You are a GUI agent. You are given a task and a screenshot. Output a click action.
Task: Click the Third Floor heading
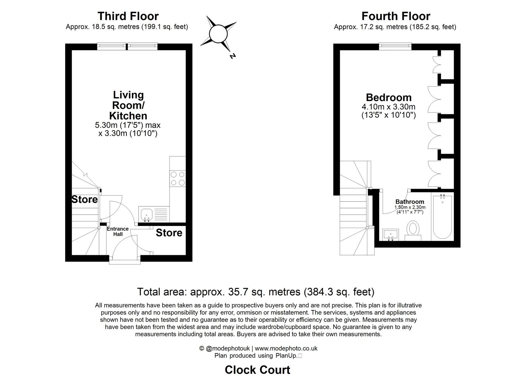coord(128,16)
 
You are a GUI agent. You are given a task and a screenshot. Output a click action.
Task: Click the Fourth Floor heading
coord(395,16)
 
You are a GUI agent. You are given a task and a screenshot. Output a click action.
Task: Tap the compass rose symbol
coord(218,34)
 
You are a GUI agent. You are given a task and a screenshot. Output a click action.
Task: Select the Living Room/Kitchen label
coord(128,105)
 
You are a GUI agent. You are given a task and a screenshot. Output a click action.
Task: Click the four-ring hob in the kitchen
coord(177,178)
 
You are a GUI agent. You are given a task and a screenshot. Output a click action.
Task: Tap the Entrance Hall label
coord(117,232)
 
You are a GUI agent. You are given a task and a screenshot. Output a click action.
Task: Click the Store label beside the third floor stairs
coord(84,199)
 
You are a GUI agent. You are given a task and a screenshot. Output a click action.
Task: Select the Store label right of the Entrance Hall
coord(169,233)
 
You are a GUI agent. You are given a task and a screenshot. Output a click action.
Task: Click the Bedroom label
coord(389,97)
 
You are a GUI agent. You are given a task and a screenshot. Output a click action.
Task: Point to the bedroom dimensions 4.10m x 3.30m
coord(389,107)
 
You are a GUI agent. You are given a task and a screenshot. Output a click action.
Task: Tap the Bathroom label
coord(410,202)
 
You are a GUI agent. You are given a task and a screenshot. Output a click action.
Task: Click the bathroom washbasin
coord(391,234)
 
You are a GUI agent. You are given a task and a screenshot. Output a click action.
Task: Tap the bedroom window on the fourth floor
coord(395,46)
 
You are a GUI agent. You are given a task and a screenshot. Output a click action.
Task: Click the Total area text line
coord(256,291)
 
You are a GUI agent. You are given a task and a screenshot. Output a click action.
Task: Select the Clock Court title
coord(257,369)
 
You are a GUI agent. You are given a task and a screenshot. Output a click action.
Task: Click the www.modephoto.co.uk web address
coord(286,348)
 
